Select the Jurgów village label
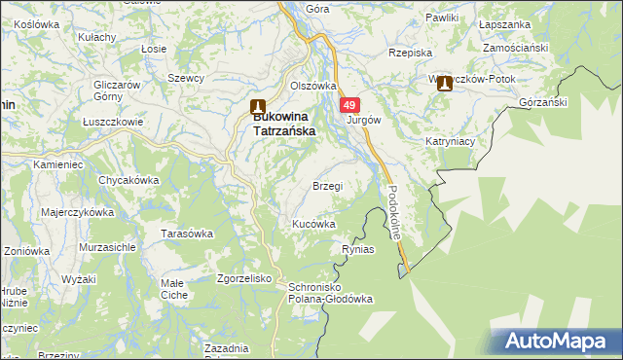click(363, 121)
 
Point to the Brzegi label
click(327, 186)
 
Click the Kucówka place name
click(314, 224)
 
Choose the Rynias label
click(358, 250)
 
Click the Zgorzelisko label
click(243, 278)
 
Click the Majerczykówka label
click(78, 211)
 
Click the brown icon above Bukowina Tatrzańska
click(257, 107)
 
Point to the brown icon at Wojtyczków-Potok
click(445, 85)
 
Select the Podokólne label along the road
click(394, 212)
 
